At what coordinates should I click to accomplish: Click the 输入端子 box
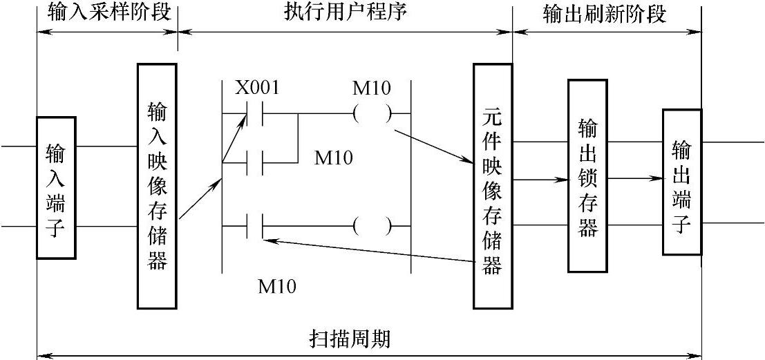point(56,187)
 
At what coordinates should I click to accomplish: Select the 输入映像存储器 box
point(157,186)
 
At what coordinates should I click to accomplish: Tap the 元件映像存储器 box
point(492,186)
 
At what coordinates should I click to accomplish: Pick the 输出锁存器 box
point(587,176)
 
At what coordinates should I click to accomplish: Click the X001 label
point(258,89)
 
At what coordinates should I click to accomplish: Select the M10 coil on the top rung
point(372,113)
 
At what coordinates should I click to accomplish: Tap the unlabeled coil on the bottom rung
point(372,225)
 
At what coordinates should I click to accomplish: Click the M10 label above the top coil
point(372,89)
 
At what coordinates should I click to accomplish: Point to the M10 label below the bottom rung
point(277,285)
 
